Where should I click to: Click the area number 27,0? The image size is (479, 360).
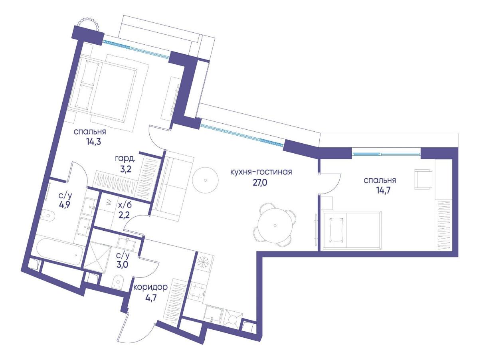pos(260,182)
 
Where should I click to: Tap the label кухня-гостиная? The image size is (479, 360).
pos(261,172)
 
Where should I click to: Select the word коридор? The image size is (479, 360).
pos(150,287)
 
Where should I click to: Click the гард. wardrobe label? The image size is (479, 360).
pos(125,158)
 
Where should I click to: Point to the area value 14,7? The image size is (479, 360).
pos(380,191)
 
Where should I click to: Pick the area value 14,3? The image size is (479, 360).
pos(93,142)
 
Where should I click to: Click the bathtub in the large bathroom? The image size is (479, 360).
pos(59,251)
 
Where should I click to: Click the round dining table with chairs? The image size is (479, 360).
pos(275,225)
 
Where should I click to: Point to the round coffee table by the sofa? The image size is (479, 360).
pos(205,180)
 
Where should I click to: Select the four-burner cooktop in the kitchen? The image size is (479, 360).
pos(198,291)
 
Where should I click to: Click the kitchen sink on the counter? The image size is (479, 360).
pos(214,314)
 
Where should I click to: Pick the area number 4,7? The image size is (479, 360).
pos(150,298)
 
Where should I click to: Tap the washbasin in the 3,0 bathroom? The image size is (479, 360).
pos(127,244)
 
